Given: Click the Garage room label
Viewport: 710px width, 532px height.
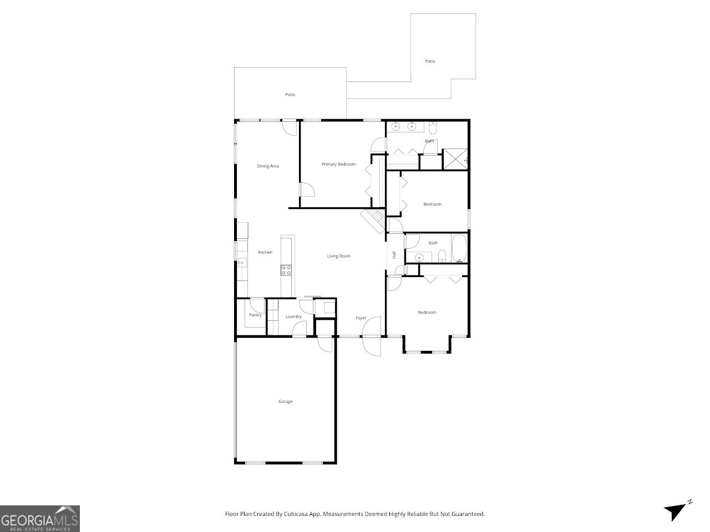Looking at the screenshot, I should tap(285, 401).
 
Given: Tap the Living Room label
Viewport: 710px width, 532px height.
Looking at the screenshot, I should tap(338, 256).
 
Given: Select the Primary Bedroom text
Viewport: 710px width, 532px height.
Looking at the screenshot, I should tap(338, 164).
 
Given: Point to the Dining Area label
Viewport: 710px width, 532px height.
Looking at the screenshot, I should tap(267, 166).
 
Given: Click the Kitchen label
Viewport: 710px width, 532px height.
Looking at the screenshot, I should tap(265, 252).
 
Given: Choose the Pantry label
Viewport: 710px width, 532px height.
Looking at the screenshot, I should tap(255, 315).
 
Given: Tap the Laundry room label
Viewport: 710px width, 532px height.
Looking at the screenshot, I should tap(293, 316).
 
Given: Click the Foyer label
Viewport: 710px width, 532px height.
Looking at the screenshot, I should tap(361, 318).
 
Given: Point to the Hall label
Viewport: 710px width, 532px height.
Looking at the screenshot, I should tap(394, 255).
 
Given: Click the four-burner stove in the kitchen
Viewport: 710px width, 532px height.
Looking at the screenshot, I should tap(287, 270).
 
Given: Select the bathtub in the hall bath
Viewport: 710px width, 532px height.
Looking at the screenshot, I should tap(459, 248).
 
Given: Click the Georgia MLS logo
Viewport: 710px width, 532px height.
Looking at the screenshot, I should tap(40, 519).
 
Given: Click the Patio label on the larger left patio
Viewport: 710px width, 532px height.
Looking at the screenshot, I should tap(290, 94).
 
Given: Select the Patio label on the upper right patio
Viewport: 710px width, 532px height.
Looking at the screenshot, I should tap(430, 61).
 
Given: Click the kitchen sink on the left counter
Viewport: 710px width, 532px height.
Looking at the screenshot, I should tap(242, 264).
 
